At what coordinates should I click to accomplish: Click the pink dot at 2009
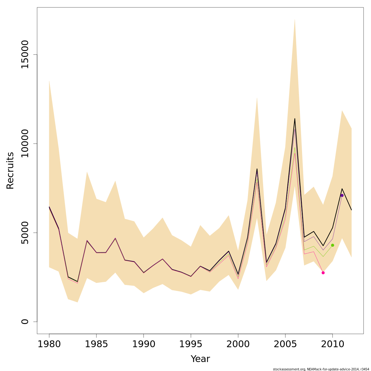click(323, 273)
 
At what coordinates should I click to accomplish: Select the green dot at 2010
click(332, 245)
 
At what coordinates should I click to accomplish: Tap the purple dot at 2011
click(342, 195)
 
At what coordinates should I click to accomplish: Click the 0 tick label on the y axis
click(25, 322)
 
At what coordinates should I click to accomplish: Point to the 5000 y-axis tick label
click(25, 232)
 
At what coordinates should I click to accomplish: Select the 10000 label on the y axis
click(25, 143)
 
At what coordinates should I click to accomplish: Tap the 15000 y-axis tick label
click(25, 54)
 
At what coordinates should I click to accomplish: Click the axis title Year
click(200, 359)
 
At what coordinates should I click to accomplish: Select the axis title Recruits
click(10, 170)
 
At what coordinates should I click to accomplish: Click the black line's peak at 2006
click(295, 118)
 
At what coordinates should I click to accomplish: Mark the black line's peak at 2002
click(257, 169)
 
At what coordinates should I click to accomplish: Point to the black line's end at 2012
click(351, 210)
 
